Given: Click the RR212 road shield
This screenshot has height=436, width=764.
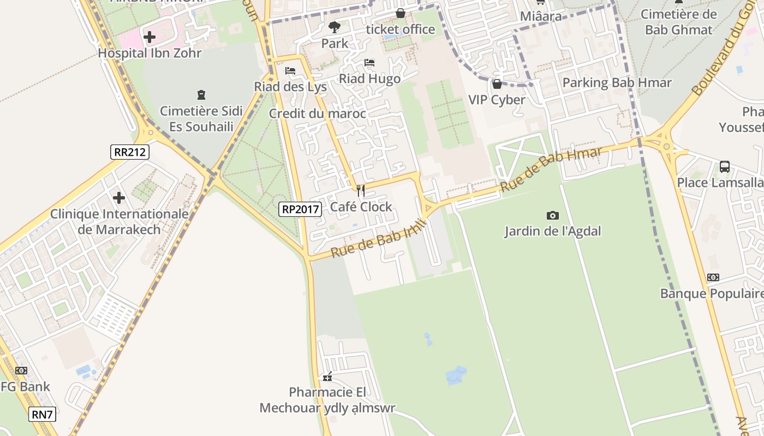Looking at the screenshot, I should (130, 152).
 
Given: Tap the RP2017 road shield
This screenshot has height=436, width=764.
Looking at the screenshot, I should (300, 208).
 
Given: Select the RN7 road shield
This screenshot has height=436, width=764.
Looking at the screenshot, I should (42, 414).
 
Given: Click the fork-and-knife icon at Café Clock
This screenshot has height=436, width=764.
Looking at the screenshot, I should (360, 191).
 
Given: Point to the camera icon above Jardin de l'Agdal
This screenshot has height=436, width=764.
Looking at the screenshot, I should (552, 216).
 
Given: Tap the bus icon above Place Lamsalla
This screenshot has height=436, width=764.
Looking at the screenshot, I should (724, 167).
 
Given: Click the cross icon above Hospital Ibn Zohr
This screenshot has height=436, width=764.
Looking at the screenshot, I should (150, 38).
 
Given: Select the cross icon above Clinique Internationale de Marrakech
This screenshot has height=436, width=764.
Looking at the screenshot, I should (119, 198).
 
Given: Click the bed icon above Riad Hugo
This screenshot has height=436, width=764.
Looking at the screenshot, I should (369, 63).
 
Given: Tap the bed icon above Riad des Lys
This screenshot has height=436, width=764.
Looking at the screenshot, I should (290, 71).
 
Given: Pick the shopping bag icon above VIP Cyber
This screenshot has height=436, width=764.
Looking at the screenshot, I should (497, 84).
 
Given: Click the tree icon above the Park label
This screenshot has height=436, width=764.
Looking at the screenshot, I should (335, 27).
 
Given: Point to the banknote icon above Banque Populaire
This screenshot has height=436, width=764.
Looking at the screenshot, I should (713, 277).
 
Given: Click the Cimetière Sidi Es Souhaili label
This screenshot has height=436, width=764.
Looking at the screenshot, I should (201, 119).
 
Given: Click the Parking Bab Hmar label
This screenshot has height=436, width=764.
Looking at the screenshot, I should (617, 83).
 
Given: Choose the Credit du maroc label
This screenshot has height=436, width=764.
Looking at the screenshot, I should (317, 114).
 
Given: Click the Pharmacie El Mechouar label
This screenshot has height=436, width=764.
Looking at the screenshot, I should (327, 399).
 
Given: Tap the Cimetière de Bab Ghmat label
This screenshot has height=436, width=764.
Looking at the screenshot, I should (679, 22).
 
